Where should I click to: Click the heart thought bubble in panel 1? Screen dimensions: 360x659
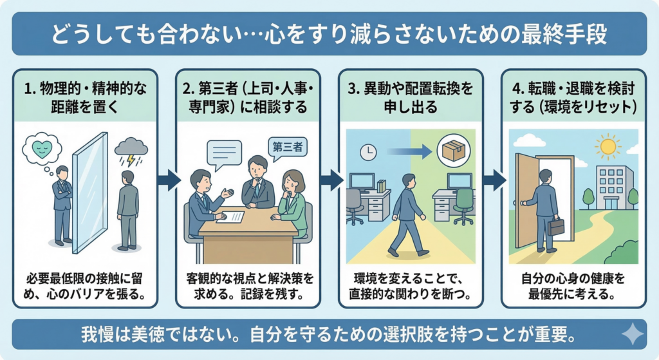41,149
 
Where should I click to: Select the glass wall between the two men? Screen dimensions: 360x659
89,191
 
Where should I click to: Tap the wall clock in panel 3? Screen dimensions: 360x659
368,152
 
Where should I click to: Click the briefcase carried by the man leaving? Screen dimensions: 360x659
557,226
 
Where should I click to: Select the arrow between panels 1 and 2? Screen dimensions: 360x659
168,180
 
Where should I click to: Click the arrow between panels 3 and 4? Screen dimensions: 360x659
493,180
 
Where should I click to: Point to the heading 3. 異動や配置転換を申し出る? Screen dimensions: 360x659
410,95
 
